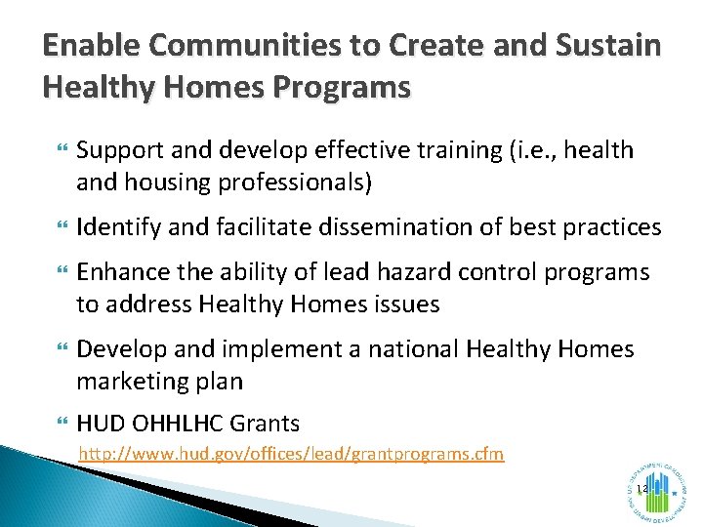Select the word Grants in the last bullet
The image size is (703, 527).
268,424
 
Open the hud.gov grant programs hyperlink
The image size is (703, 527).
291,454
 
